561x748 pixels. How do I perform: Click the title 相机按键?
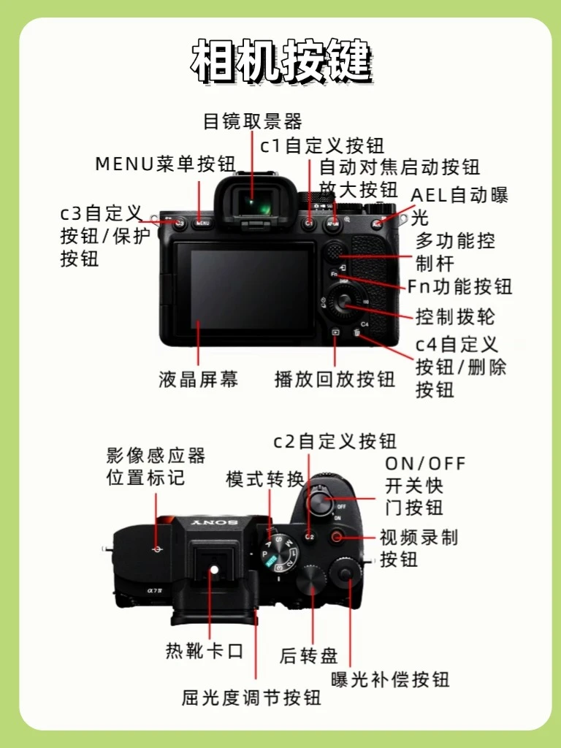coord(281,61)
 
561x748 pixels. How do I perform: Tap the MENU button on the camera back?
coord(202,223)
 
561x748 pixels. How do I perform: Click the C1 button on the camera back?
coord(309,223)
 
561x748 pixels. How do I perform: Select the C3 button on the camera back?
coord(180,223)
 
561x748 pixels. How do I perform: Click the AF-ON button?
coord(332,223)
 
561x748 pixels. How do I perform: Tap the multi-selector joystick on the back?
coord(335,252)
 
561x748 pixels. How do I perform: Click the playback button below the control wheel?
coord(336,332)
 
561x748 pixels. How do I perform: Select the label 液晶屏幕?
coord(199,380)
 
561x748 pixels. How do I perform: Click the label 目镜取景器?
coord(252,121)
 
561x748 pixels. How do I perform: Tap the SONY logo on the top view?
coord(214,523)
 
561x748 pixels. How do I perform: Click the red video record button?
coord(337,537)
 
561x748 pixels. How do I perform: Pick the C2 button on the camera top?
coord(309,537)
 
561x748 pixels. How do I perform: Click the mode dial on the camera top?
coord(281,552)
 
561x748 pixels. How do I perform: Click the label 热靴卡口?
coord(205,651)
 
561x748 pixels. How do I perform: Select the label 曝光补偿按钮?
coord(390,679)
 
